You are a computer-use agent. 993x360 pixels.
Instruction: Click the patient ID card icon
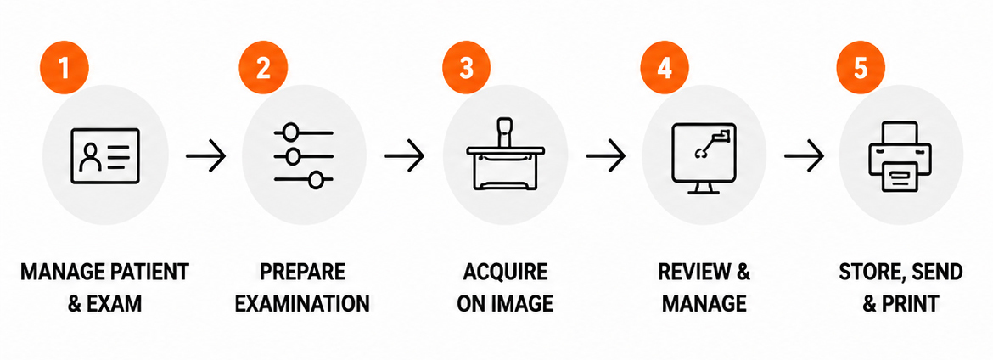105,156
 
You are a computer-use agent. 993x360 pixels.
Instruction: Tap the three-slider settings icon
303,156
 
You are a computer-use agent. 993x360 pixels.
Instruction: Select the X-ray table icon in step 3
505,154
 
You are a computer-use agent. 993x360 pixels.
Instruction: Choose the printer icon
900,156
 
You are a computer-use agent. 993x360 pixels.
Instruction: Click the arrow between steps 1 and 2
206,155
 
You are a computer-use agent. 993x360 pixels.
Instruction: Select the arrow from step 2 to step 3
404,155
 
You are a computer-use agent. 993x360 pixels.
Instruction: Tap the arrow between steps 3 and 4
605,155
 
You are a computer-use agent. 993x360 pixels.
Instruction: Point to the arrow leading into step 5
804,155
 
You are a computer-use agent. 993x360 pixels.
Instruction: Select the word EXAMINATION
302,303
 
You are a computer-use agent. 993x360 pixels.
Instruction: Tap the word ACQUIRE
505,273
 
